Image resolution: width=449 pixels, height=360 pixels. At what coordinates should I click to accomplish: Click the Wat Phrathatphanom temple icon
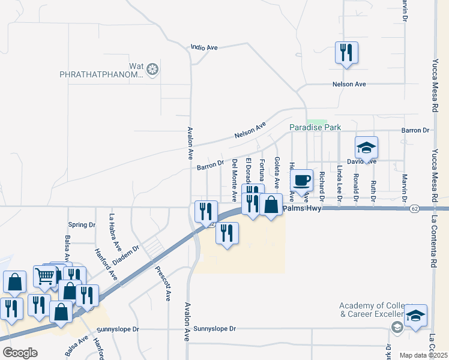pyautogui.click(x=152, y=70)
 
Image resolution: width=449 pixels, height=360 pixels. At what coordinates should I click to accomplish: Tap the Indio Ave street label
pyautogui.click(x=203, y=47)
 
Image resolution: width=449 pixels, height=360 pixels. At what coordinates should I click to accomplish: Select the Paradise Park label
pyautogui.click(x=315, y=128)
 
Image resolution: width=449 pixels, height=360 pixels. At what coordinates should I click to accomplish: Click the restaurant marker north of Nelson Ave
pyautogui.click(x=346, y=52)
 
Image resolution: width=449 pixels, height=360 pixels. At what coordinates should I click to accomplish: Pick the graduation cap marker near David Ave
pyautogui.click(x=366, y=147)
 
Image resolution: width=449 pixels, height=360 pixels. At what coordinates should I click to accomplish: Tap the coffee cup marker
pyautogui.click(x=302, y=179)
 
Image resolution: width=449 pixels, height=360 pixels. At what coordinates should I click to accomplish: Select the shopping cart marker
pyautogui.click(x=46, y=276)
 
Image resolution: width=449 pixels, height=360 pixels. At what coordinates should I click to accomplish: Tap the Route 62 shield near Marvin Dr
pyautogui.click(x=415, y=209)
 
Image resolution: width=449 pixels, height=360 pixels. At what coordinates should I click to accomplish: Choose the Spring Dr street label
pyautogui.click(x=82, y=225)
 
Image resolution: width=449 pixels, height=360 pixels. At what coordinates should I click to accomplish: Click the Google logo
pyautogui.click(x=20, y=352)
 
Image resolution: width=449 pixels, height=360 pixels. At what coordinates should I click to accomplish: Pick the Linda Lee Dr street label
pyautogui.click(x=339, y=183)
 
